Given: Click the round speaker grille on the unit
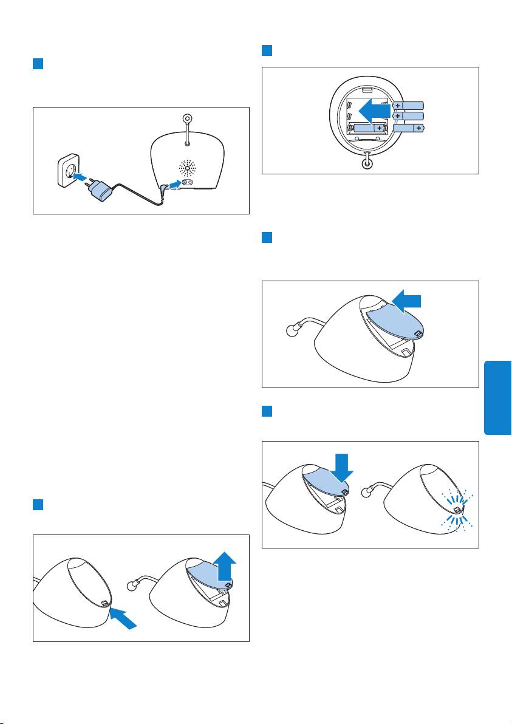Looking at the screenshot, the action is coord(187,168).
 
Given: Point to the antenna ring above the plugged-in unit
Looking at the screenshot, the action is coord(187,118).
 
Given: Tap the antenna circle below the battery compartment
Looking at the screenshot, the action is coord(367,162).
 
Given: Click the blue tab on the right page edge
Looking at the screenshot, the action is coord(497,398).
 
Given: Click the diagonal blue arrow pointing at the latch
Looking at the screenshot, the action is coord(123,618).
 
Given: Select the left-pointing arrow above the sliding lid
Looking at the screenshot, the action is coord(406,301).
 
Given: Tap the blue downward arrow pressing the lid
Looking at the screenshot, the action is coord(342,468).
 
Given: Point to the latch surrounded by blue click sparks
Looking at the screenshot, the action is coord(457,510).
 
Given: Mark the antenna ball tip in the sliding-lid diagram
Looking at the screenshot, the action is coord(290,331).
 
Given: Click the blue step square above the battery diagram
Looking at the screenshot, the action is coord(267,50).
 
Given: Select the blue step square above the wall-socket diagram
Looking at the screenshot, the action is coord(38,63).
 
